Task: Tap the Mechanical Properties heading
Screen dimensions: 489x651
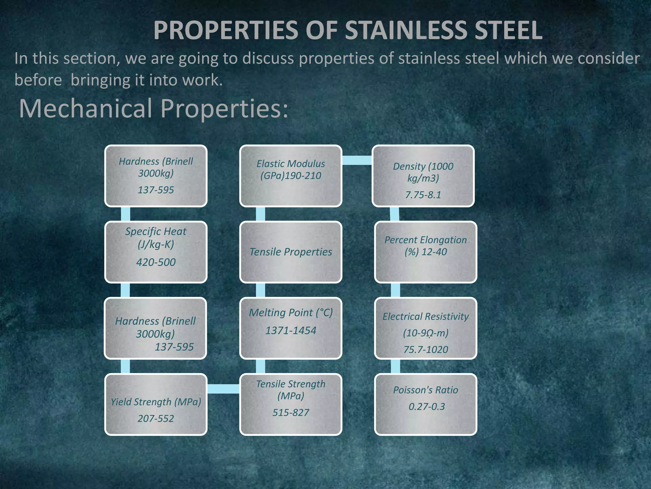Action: [154, 109]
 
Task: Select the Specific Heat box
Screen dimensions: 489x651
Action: [156, 252]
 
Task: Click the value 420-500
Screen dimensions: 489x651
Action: [156, 262]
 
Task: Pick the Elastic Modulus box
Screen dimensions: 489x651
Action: [291, 176]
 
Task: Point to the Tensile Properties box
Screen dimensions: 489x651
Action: [291, 252]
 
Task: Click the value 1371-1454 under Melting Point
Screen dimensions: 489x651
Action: [291, 330]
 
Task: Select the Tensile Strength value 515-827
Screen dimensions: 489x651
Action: [291, 413]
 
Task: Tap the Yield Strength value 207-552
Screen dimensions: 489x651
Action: [156, 418]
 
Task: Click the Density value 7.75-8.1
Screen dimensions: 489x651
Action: [423, 195]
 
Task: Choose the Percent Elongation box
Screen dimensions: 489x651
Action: [426, 252]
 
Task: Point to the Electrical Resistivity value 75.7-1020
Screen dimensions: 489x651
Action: [426, 350]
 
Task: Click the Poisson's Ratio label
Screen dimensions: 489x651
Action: [426, 390]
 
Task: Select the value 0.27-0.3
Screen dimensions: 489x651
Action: [427, 407]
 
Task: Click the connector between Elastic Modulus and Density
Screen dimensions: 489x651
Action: [357, 160]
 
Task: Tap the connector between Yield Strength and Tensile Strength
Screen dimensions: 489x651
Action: [223, 389]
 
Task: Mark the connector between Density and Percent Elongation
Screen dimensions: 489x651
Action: [394, 214]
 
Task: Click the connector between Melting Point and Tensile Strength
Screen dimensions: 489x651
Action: [260, 366]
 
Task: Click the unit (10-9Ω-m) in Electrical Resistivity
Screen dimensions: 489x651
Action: [426, 333]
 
